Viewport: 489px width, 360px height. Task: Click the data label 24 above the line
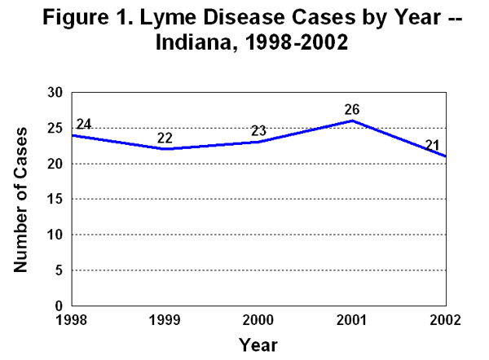click(83, 125)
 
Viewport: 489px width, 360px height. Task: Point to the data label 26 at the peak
click(351, 109)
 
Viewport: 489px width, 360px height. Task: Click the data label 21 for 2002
click(433, 145)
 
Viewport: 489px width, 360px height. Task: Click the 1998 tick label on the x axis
click(72, 318)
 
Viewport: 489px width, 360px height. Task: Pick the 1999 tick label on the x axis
click(165, 318)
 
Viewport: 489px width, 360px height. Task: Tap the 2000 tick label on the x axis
click(258, 318)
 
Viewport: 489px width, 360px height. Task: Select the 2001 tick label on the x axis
click(352, 318)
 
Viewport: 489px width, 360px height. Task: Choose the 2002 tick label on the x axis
click(444, 318)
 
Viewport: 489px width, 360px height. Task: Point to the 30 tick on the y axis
click(55, 93)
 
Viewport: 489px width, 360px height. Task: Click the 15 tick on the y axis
click(55, 199)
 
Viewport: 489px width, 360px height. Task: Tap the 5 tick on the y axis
click(59, 270)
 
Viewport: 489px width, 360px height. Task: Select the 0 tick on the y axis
click(59, 305)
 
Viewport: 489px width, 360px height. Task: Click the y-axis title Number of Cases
click(23, 199)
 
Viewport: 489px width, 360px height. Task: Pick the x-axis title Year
click(258, 345)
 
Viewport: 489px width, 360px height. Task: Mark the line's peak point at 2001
click(352, 121)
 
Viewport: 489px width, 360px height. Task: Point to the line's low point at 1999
click(165, 149)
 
